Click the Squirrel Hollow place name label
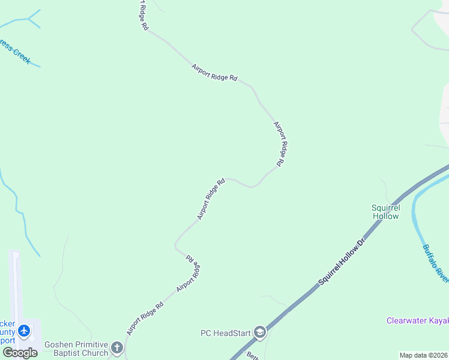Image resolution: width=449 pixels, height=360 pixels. point(385,212)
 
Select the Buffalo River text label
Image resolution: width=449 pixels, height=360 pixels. point(435,262)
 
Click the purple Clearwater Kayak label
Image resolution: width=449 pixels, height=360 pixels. point(417,321)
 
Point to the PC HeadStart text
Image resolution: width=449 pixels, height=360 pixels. point(226,332)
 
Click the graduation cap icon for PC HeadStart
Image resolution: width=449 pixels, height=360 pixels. point(259,332)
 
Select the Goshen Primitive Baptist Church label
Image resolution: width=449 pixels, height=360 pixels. point(76,349)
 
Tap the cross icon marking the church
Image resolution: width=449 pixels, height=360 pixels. point(117,347)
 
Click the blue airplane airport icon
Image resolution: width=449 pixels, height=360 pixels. point(24,331)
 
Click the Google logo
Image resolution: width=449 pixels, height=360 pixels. point(20,353)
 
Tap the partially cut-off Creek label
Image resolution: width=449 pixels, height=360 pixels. point(14,52)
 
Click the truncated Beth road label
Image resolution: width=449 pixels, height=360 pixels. point(253,356)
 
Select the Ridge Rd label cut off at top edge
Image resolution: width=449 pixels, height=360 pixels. point(142,15)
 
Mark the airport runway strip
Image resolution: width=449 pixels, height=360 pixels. point(15,288)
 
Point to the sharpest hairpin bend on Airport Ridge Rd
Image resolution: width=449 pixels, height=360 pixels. point(176,245)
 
